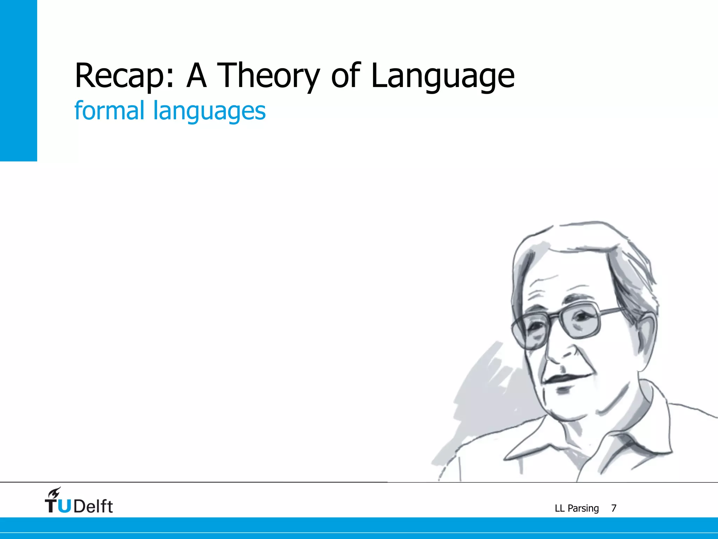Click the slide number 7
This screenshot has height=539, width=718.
tap(614, 508)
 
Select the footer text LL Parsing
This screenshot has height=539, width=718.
tap(577, 508)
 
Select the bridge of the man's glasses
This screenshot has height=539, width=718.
tap(554, 316)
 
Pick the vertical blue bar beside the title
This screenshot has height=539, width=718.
tap(18, 81)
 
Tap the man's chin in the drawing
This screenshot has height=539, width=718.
tap(568, 407)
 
